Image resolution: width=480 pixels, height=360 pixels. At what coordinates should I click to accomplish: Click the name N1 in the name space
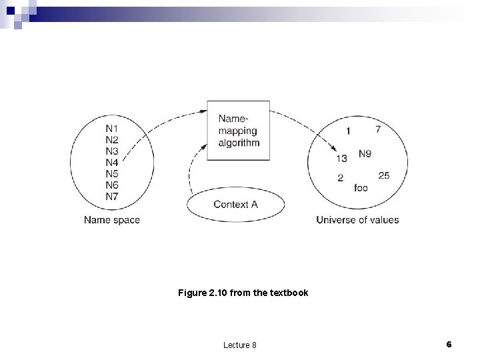coord(112,128)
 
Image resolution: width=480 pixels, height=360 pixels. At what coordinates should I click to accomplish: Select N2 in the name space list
coord(112,139)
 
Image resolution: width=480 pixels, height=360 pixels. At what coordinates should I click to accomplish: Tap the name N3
coord(112,151)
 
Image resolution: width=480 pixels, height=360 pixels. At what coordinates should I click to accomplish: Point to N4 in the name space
coord(112,162)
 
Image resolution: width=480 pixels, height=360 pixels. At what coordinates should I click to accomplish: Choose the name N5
coord(112,173)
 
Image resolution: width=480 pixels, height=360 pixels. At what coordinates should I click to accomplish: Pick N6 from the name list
coord(112,185)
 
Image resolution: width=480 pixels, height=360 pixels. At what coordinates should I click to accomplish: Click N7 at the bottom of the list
coord(112,196)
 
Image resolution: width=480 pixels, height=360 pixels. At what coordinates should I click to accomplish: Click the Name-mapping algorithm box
coord(238,131)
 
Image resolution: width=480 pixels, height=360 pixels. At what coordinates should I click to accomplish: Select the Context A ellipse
coord(235,205)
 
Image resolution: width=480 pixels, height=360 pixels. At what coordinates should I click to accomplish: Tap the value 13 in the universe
coord(341,159)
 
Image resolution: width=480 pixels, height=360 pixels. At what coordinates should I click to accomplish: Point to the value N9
coord(365,154)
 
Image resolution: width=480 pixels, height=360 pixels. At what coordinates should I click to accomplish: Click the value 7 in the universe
coord(378,129)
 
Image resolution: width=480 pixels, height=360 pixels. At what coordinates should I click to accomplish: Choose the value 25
coord(383,175)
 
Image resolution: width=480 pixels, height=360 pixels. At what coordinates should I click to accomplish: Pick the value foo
coord(361,188)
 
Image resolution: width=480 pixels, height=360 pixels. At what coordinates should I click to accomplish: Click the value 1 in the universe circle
coord(347,131)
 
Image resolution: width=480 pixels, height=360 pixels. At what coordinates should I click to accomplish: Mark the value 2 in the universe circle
coord(341,178)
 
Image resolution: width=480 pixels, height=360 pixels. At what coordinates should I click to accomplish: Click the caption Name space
coord(112,220)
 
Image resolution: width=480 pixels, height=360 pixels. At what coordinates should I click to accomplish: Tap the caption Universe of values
coord(357,220)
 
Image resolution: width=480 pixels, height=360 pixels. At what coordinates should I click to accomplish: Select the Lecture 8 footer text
coord(241,345)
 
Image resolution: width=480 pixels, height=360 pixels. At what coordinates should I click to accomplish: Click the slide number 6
coord(449,344)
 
